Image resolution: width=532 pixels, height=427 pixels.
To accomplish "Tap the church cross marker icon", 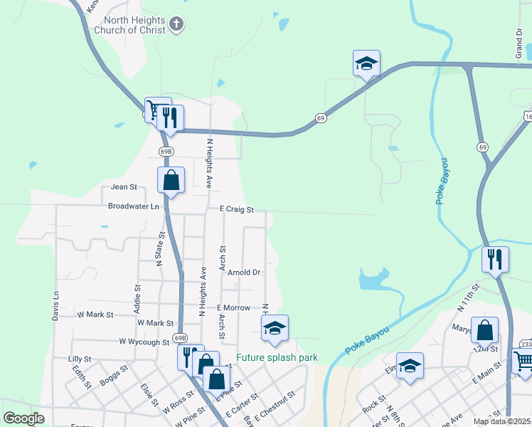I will [177, 26].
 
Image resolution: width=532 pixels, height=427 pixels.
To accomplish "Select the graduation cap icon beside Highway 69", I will [367, 63].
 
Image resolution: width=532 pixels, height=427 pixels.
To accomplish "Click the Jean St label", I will [123, 187].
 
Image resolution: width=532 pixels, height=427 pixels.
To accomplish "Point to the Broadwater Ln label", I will [134, 206].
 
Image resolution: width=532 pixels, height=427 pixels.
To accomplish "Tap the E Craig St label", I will [236, 210].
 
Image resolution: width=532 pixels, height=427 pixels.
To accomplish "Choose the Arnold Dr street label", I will [244, 272].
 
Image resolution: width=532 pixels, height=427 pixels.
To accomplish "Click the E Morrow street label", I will [234, 307].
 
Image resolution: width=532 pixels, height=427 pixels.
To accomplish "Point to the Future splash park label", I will [277, 358].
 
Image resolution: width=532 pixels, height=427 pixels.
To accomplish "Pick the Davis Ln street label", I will [55, 307].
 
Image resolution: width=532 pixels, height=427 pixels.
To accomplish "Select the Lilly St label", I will [80, 359].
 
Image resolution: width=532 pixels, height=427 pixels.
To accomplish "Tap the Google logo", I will [24, 418].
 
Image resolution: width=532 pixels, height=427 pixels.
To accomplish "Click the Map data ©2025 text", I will [501, 421].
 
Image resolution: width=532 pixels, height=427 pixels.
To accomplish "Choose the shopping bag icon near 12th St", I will [484, 330].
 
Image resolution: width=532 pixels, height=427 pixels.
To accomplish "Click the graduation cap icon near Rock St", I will [410, 366].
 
